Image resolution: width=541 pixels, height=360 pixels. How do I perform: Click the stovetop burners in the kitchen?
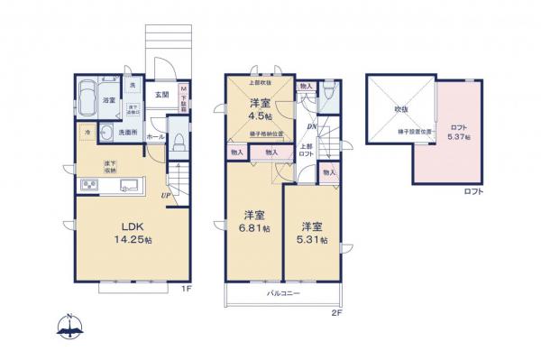click(x=91, y=187)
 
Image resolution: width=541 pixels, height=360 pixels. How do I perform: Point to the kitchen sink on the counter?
click(x=126, y=187)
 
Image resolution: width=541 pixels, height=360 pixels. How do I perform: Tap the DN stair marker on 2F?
click(x=310, y=127)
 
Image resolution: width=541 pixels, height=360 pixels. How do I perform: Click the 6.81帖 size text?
click(x=253, y=229)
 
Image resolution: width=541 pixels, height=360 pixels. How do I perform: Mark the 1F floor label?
click(x=186, y=290)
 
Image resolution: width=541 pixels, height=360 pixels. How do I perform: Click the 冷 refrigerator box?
click(x=87, y=134)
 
